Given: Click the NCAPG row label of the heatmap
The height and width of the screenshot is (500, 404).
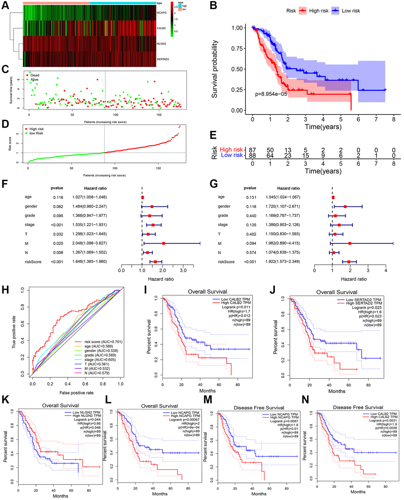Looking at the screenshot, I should point(162,13).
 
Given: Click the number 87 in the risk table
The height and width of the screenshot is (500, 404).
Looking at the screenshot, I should point(252,149).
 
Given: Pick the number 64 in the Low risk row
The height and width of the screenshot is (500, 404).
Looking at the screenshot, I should point(270,155).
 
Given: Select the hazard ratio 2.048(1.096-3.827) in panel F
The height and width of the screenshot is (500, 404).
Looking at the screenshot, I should point(90,243).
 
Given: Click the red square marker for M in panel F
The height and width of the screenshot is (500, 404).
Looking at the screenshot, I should point(163,243).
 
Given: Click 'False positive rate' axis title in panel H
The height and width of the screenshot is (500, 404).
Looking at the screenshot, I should point(76,393).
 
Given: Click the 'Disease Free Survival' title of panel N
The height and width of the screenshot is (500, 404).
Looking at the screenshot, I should point(358,407).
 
